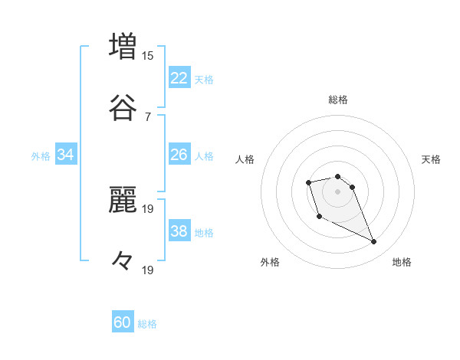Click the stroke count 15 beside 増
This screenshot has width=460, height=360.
148,55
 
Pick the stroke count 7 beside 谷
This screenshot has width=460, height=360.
148,116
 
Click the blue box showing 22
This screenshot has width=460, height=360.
179,78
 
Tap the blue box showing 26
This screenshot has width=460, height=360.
179,155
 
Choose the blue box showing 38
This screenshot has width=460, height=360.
179,231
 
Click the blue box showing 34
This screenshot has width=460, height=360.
66,155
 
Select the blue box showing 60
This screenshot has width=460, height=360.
123,322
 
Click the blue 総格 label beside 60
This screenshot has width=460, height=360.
148,324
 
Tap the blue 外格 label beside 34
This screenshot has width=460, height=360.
41,156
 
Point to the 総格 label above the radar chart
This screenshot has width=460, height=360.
338,100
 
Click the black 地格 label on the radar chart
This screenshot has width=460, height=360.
402,262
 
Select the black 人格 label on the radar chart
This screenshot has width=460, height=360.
245,159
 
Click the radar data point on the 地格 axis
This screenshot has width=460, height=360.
374,242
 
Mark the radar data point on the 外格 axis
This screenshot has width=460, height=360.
319,217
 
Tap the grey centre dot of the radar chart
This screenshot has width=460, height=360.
337,191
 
